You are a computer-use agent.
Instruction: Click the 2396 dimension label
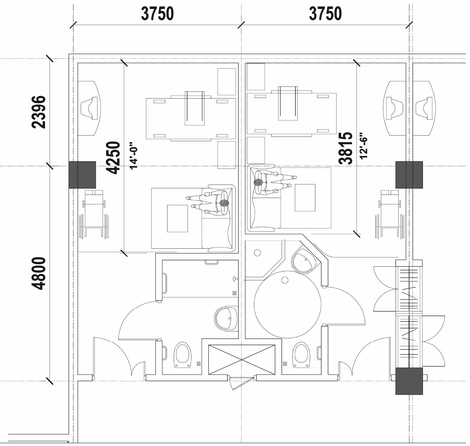(x=39, y=112)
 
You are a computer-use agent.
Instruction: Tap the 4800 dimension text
(x=39, y=273)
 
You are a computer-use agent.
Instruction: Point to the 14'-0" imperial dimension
(x=133, y=156)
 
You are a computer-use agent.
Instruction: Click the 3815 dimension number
(x=346, y=148)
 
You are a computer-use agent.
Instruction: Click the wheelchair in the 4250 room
(x=94, y=214)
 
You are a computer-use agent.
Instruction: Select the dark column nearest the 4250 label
(x=82, y=175)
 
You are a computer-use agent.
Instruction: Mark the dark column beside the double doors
(x=409, y=381)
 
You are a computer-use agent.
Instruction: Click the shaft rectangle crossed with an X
(x=242, y=359)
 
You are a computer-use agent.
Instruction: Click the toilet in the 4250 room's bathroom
(x=182, y=355)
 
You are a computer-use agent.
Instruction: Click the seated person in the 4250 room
(x=212, y=203)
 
